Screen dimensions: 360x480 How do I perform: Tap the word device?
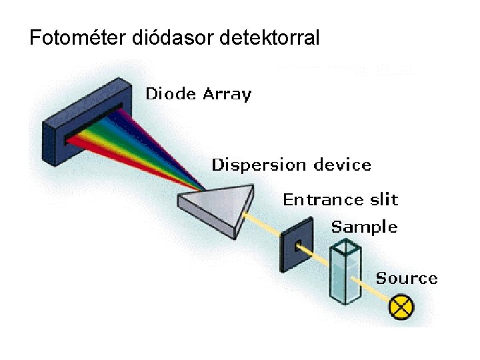tap(341, 165)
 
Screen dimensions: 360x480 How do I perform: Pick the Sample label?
tap(364, 227)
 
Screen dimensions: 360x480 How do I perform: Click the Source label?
tap(407, 278)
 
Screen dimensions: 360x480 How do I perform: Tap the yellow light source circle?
tap(401, 307)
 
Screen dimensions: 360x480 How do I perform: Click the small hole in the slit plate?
tap(298, 244)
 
